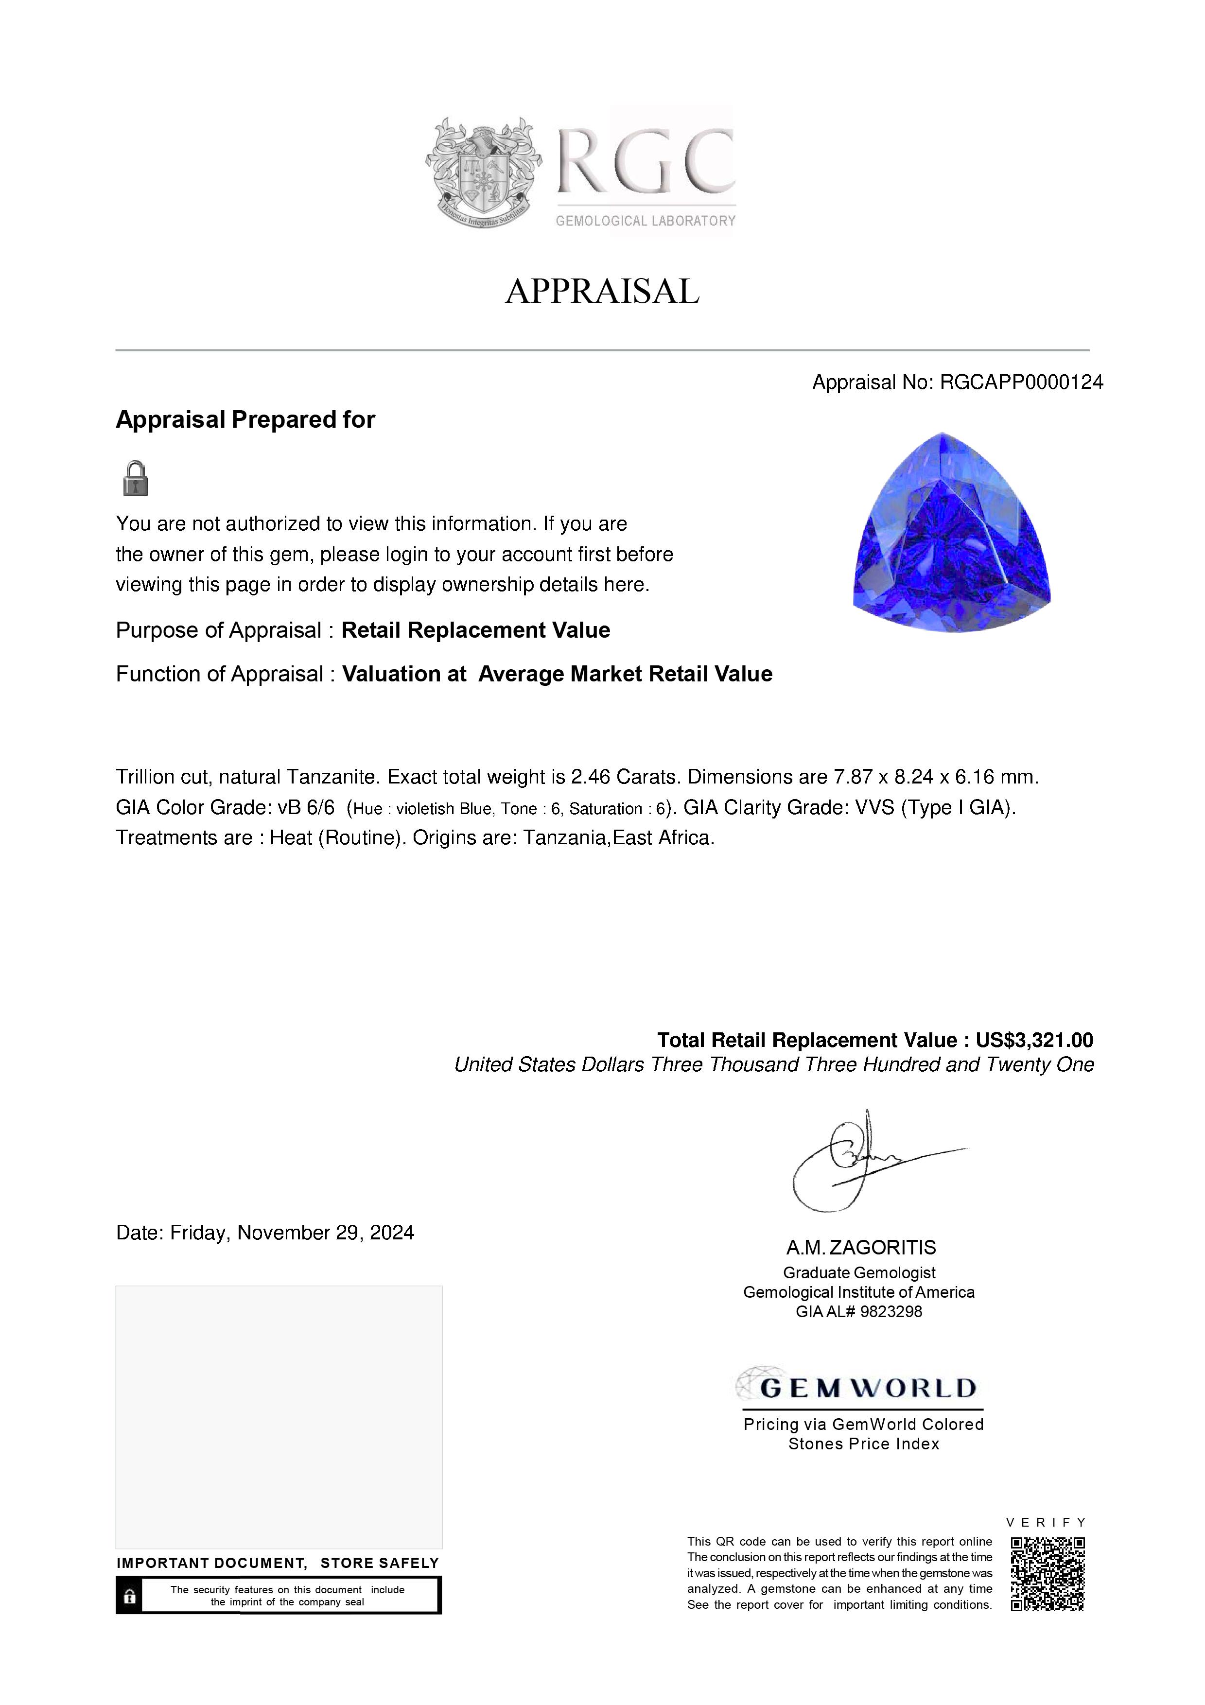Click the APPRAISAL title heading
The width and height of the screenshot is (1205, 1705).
click(602, 291)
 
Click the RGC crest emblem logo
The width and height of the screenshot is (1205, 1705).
click(483, 172)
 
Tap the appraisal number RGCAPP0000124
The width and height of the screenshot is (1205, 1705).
click(1021, 383)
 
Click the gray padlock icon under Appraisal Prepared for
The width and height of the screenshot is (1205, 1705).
click(135, 478)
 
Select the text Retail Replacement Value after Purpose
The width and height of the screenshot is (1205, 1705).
click(475, 630)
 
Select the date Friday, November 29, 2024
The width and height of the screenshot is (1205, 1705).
click(292, 1233)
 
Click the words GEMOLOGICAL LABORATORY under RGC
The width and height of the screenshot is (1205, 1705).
click(645, 221)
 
